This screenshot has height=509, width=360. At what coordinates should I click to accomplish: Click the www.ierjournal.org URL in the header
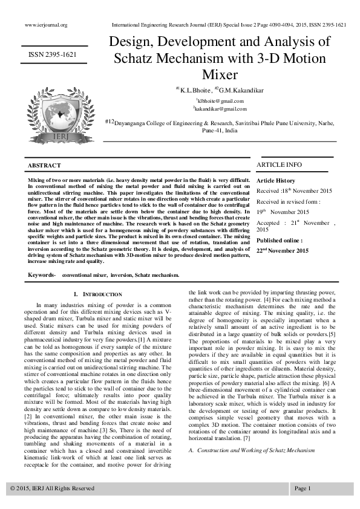point(45,25)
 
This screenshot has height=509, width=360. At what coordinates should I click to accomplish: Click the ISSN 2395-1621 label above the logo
point(53,54)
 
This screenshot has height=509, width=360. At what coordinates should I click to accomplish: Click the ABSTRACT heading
point(45,166)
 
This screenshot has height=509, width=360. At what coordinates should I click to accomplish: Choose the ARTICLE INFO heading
point(280,164)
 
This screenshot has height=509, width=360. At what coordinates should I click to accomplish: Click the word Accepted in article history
point(270,223)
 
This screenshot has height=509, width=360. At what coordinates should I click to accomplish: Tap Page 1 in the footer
point(303,488)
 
